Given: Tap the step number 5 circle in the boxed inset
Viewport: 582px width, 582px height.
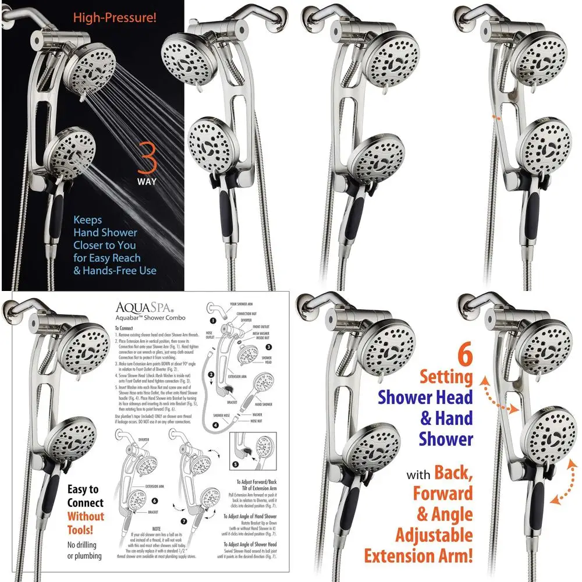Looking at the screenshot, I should pyautogui.click(x=235, y=464).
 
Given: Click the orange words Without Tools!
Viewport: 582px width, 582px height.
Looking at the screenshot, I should pyautogui.click(x=85, y=523).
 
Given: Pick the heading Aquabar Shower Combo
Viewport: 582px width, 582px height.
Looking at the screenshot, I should pyautogui.click(x=138, y=319).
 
